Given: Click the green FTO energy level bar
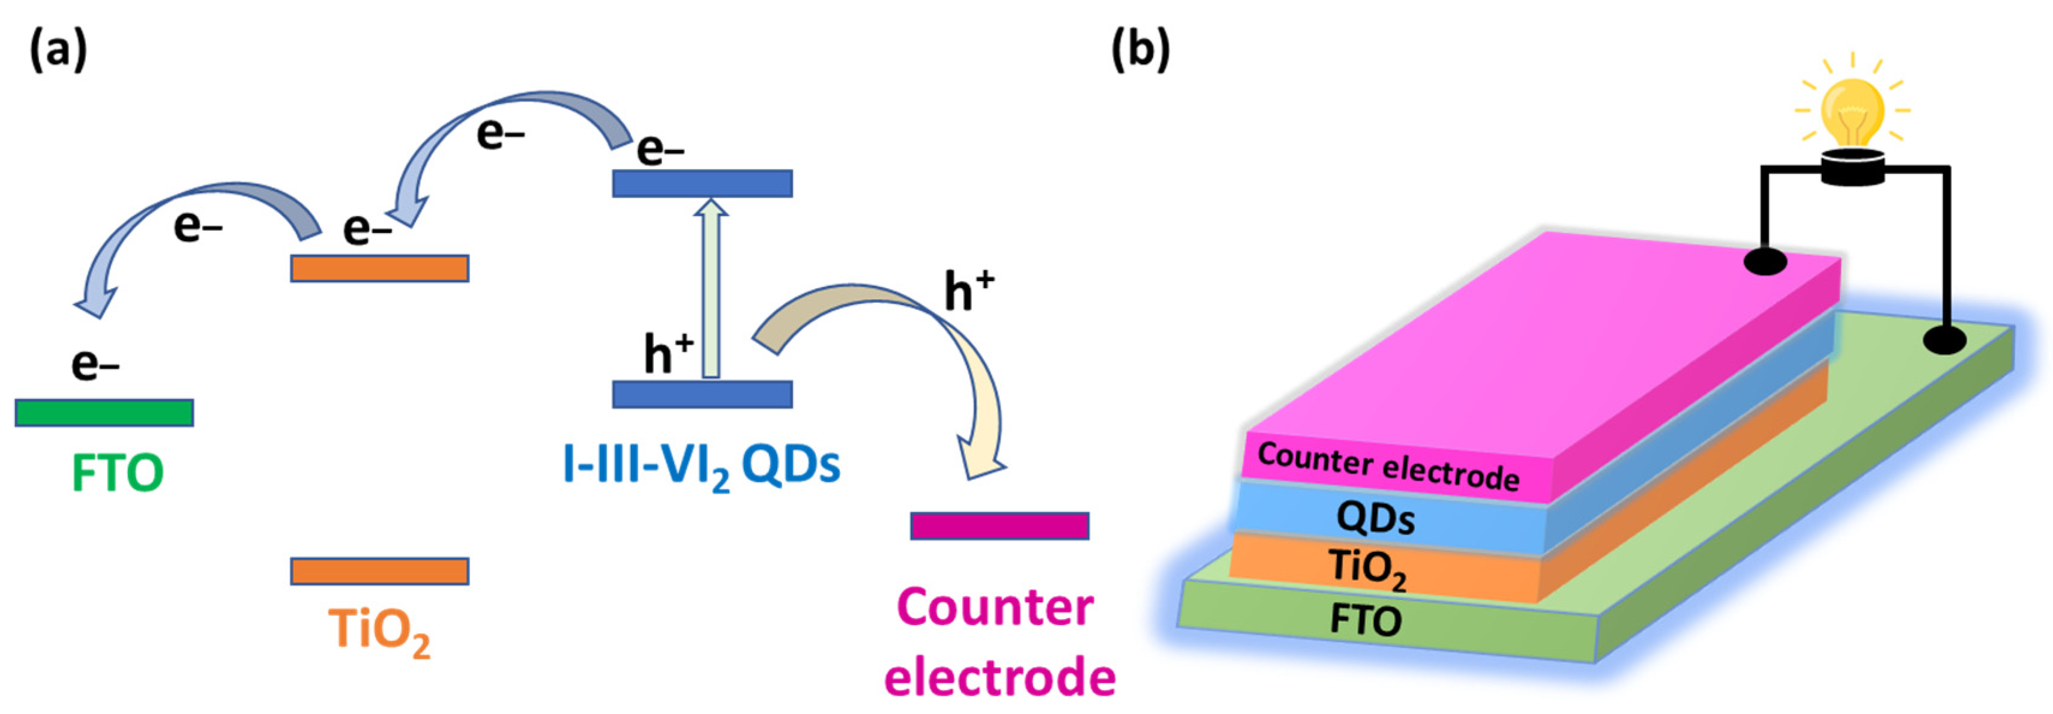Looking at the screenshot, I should [x=104, y=413].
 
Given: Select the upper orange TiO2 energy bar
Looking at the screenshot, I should [x=379, y=268].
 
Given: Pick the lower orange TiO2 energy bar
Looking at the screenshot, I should [x=379, y=570].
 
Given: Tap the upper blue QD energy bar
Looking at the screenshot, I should [x=702, y=183].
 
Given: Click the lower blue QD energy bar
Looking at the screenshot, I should [x=702, y=394].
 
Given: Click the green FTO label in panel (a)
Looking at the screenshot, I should [x=117, y=473].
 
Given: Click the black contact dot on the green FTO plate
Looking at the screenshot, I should [x=1944, y=341].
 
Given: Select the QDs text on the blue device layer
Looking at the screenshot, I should [x=1376, y=518].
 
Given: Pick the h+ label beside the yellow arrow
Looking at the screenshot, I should [x=969, y=291].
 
